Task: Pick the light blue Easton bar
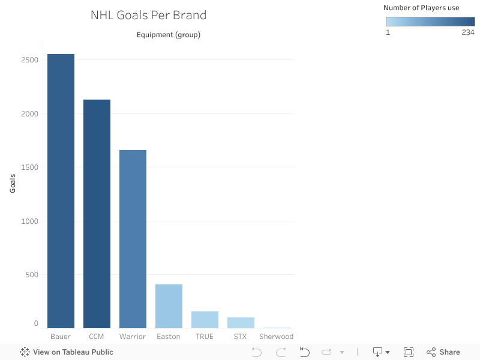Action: coord(169,306)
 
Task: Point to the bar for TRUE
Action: coord(205,320)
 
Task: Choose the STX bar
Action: coord(241,323)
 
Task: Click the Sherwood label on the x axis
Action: coord(276,337)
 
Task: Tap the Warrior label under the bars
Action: coord(133,337)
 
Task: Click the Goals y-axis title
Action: coord(13,183)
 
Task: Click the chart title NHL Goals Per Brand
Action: coord(148,15)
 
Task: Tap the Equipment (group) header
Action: coord(169,35)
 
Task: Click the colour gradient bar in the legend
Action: coord(430,22)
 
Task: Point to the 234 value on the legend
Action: coord(468,32)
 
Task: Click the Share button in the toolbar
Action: coord(443,352)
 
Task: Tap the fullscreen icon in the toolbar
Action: coord(409,352)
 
